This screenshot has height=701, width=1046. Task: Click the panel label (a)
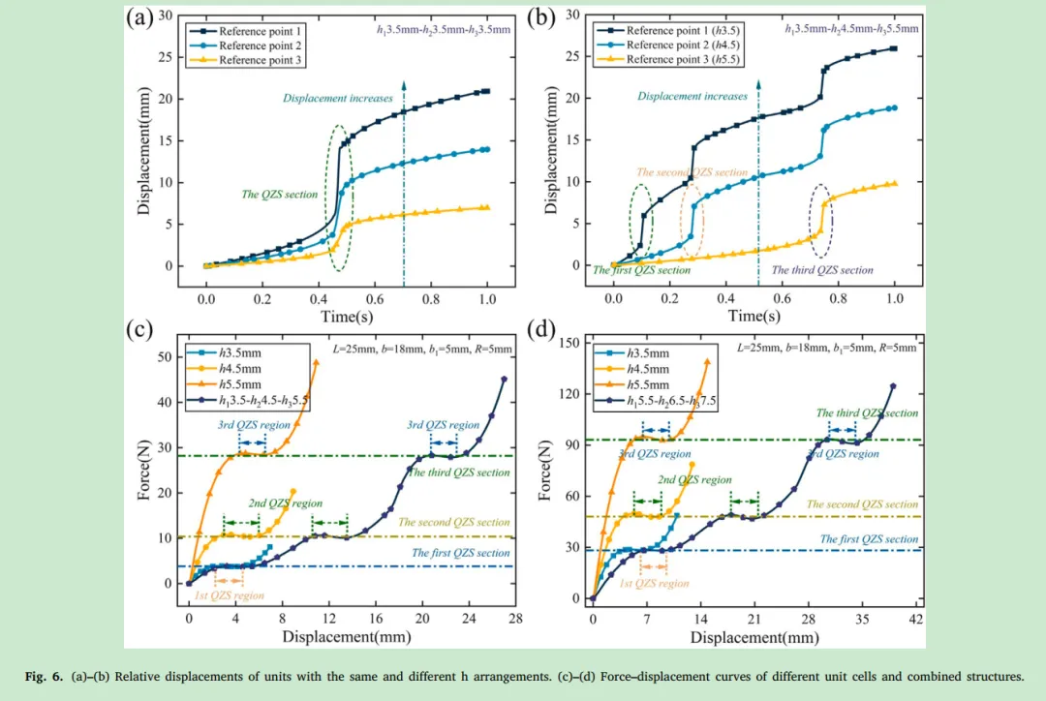[139, 19]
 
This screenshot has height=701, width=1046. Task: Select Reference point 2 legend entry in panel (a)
[253, 46]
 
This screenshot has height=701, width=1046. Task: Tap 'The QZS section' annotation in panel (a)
[280, 195]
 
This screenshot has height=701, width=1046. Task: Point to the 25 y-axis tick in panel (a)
[168, 57]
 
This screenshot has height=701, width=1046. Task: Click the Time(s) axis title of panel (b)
[754, 316]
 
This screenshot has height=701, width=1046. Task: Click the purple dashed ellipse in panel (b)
[820, 221]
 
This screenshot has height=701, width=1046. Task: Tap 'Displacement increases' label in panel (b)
[692, 96]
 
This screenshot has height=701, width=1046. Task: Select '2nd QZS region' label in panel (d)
[694, 480]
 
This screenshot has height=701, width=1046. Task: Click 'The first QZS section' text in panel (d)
[869, 539]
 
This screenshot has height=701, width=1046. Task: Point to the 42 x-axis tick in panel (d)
[916, 618]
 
